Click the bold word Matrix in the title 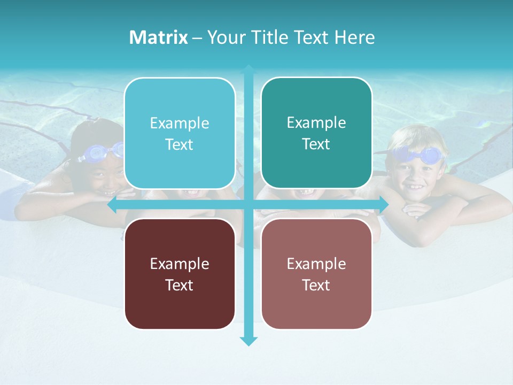[x=158, y=37]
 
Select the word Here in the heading [x=354, y=37]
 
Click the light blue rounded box [x=180, y=133]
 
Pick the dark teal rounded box [x=316, y=133]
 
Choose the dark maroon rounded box [x=180, y=274]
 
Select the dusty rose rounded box [x=316, y=274]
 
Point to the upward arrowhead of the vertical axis [x=248, y=70]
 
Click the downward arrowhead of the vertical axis [x=248, y=341]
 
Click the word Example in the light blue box [x=180, y=124]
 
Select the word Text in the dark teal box [x=316, y=144]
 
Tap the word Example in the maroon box [x=180, y=264]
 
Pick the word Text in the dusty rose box [x=316, y=285]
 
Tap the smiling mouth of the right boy [x=415, y=187]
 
